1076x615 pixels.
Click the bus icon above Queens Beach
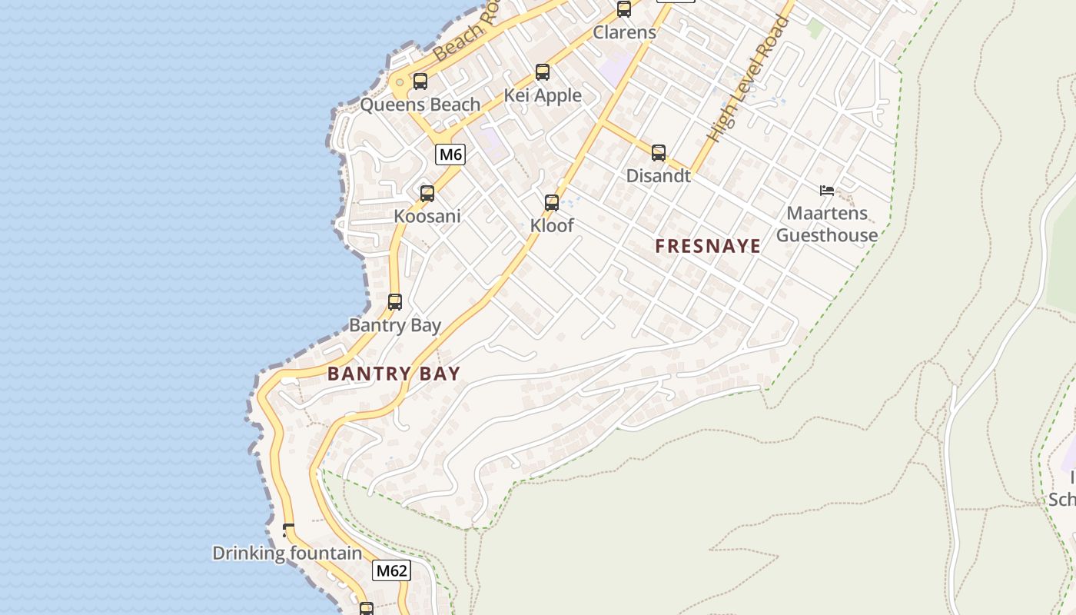420,81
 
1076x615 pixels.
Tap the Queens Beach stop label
420,105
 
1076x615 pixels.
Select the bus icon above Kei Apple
543,72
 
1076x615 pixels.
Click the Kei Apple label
543,95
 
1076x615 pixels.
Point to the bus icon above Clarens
624,9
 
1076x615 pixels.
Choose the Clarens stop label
624,32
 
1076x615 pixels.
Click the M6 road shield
450,155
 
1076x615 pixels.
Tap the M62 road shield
391,570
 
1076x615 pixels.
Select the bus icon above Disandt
659,152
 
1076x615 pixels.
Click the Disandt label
658,175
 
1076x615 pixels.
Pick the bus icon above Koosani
427,194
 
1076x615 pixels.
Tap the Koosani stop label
427,216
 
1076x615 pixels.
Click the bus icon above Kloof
552,203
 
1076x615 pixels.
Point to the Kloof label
552,226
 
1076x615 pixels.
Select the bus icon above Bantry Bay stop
395,302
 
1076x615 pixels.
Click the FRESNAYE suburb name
708,246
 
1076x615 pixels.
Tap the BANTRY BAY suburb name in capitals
394,374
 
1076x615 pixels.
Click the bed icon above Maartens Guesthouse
827,191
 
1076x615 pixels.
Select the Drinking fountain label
287,553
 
